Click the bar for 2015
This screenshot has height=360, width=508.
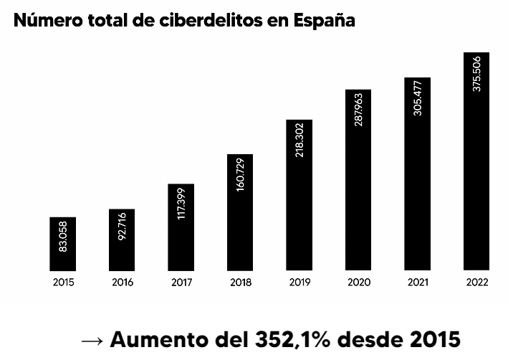63,245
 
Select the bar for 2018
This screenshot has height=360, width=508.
241,213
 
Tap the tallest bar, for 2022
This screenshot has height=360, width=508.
476,162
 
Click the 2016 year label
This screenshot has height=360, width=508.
123,283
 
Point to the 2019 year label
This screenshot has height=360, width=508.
299,283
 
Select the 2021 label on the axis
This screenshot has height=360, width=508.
418,283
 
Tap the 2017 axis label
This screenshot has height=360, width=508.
181,283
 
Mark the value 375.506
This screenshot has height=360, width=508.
476,73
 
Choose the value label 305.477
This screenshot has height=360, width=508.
418,98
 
